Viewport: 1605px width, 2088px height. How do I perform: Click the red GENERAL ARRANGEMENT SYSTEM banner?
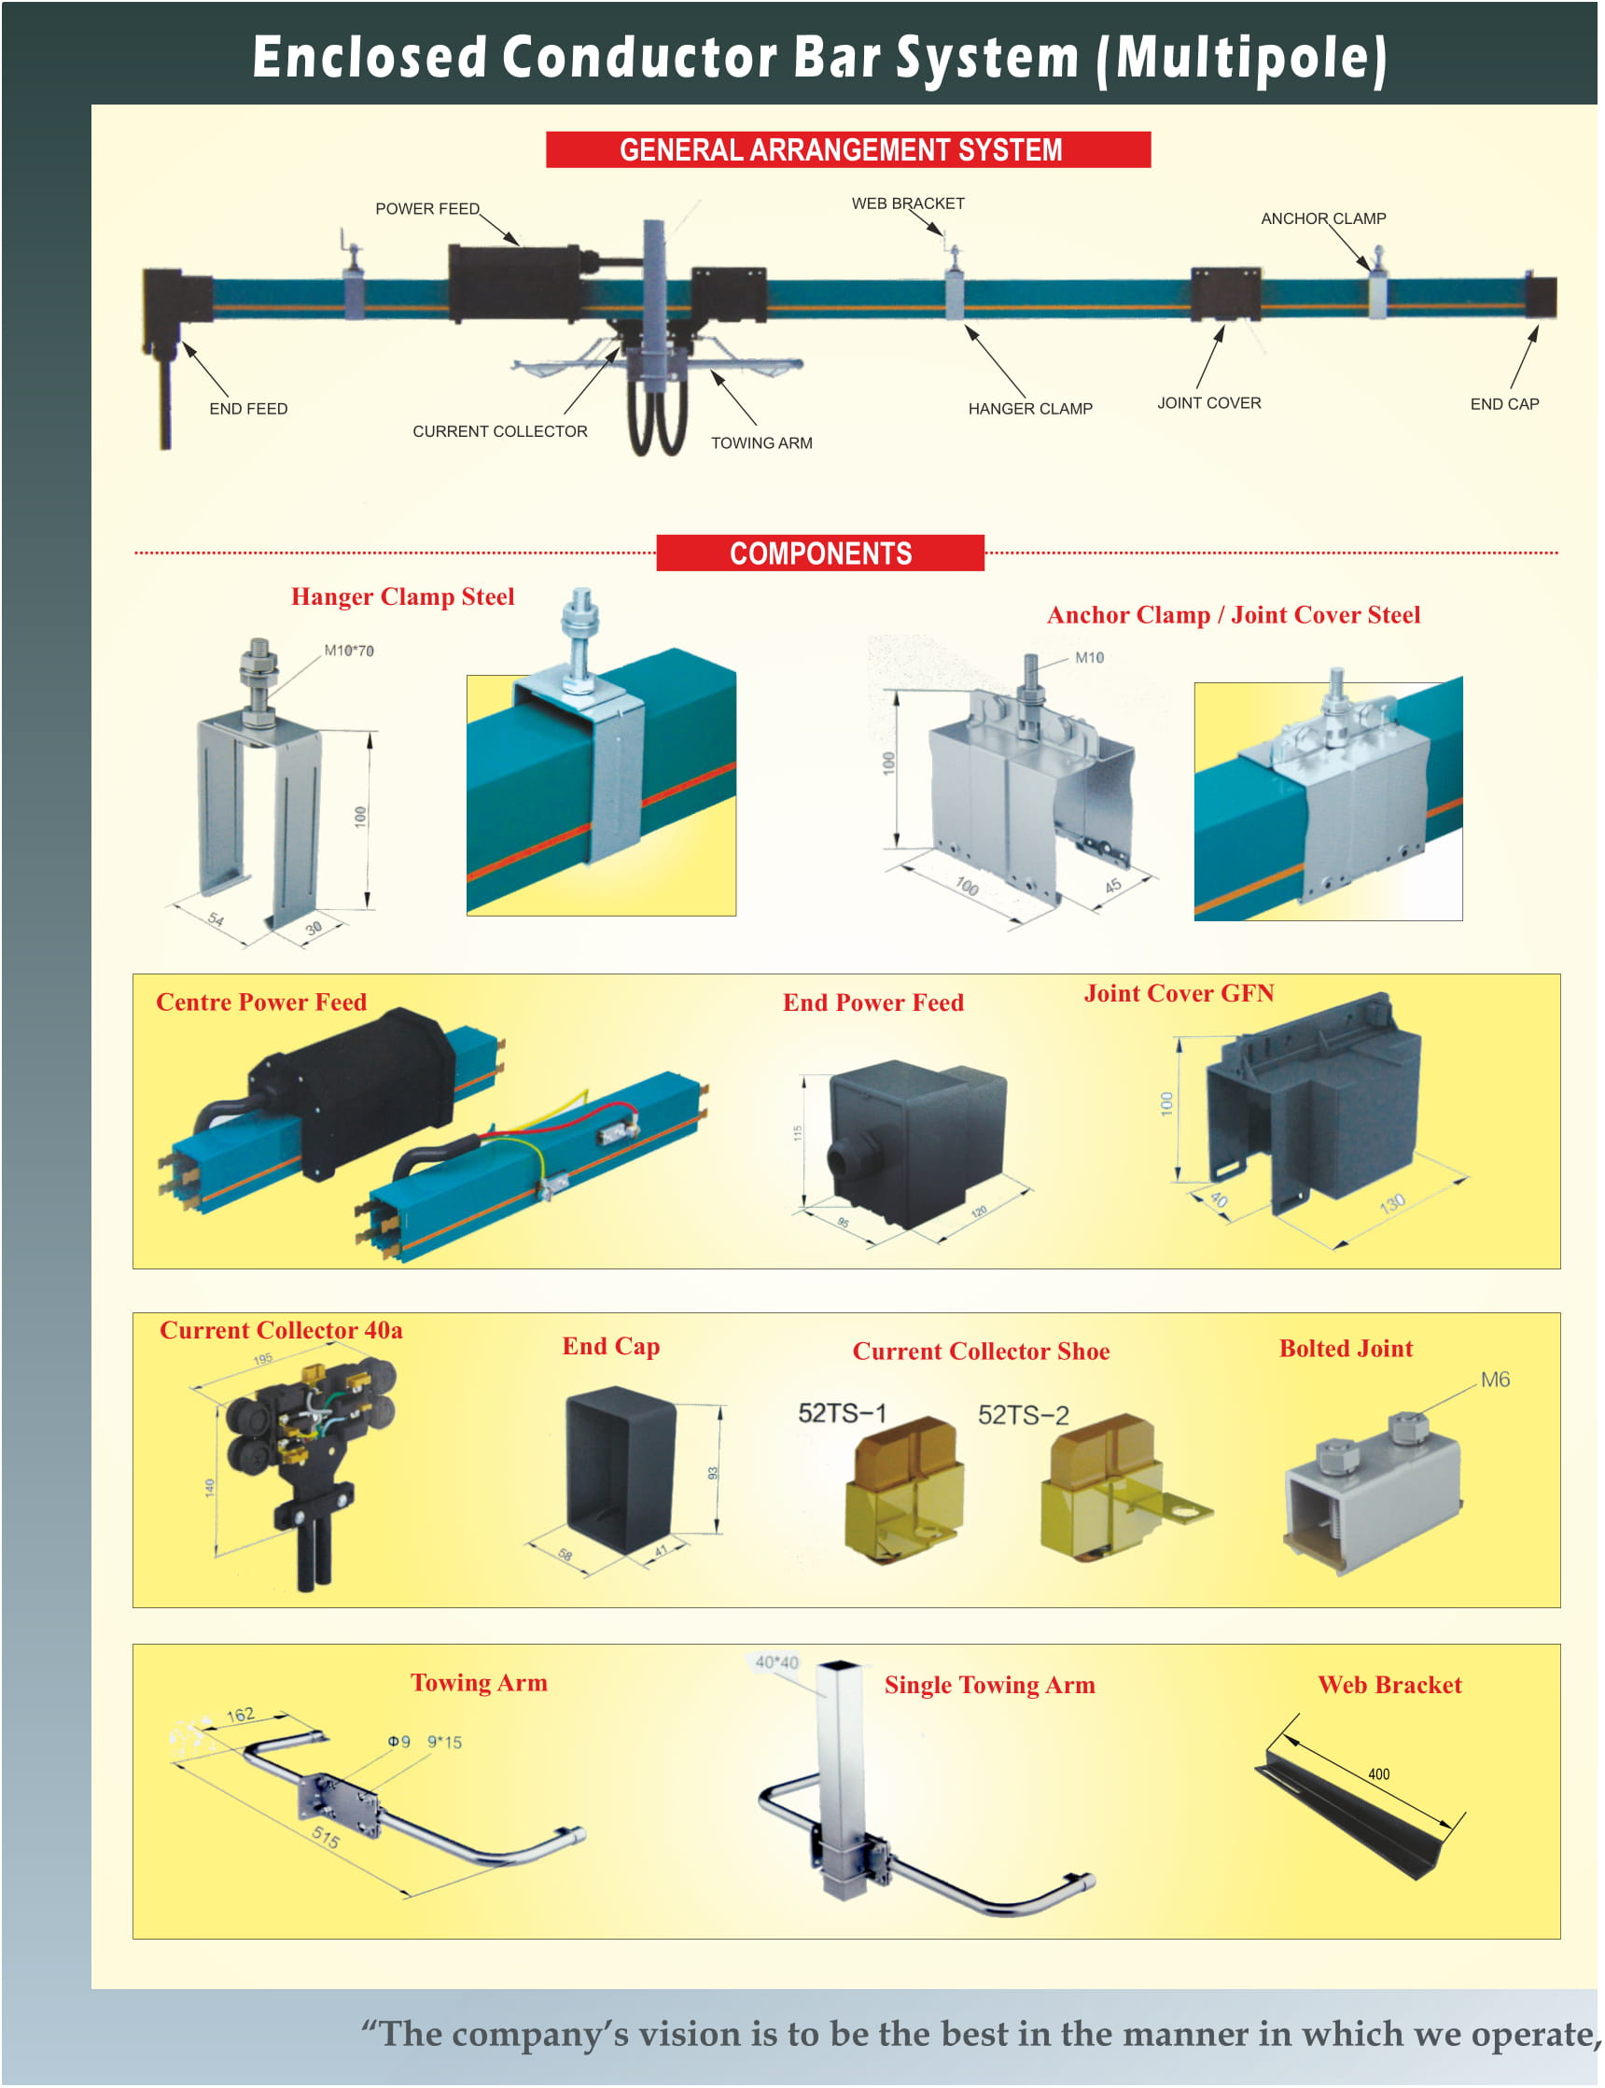click(x=847, y=150)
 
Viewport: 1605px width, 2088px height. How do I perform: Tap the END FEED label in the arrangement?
click(x=248, y=409)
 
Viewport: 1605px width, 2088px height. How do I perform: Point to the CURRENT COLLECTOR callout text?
click(x=499, y=432)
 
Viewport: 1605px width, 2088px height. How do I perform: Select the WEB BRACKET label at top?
click(x=908, y=203)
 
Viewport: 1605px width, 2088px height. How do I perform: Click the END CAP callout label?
click(x=1504, y=404)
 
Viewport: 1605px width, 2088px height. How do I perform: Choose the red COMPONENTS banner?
click(x=819, y=554)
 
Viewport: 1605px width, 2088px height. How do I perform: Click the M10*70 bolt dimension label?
click(x=349, y=651)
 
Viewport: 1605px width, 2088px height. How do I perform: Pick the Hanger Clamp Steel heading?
click(x=402, y=597)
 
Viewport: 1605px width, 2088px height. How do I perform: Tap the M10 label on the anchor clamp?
click(x=1089, y=657)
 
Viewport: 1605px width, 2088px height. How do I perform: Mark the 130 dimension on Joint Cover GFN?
click(x=1392, y=1203)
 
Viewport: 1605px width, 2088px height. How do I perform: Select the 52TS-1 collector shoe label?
click(x=842, y=1412)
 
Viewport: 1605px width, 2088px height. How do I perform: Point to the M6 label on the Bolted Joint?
click(x=1494, y=1379)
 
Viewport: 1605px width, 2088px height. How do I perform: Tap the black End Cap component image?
click(x=621, y=1472)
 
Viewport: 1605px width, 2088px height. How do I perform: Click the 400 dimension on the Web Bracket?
click(x=1378, y=1774)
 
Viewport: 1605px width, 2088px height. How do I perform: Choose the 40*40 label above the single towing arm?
click(x=775, y=1661)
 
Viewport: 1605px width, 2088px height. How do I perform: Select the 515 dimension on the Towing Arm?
click(x=326, y=1837)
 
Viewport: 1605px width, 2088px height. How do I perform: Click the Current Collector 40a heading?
click(x=281, y=1330)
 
